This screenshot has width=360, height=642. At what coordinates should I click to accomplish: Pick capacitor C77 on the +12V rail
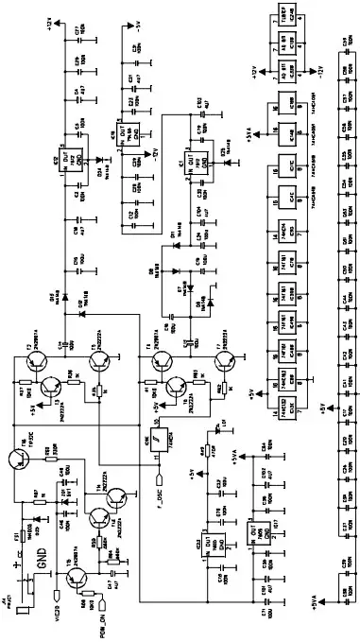pos(65,33)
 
